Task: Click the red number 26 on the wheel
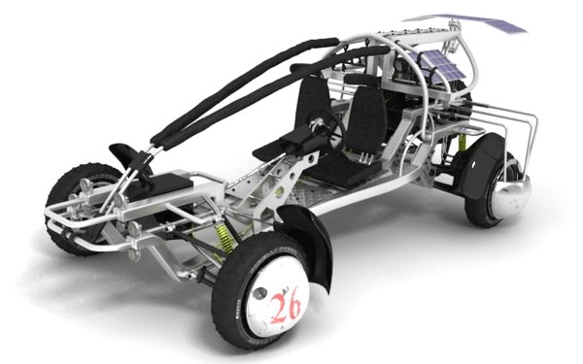pyautogui.click(x=285, y=310)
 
